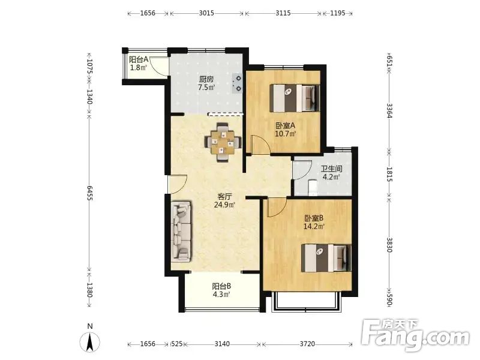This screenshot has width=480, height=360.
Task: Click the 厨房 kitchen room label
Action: (206, 79)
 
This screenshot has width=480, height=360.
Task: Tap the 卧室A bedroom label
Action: (285, 125)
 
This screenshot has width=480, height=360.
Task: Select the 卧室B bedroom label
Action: (314, 218)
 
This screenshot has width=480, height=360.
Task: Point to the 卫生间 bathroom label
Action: (332, 169)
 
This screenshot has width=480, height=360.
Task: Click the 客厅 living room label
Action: (224, 197)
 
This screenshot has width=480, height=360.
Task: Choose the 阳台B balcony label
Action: (221, 286)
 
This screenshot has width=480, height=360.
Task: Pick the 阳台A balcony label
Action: (139, 59)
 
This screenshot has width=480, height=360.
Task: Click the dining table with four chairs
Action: (223, 142)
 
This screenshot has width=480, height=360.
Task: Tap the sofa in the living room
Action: (181, 232)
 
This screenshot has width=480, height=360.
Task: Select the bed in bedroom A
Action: (295, 98)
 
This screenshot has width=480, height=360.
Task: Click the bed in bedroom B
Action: (326, 258)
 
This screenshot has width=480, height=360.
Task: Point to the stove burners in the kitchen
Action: (237, 83)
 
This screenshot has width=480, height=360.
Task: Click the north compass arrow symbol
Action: (89, 341)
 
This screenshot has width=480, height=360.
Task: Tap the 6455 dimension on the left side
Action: (89, 193)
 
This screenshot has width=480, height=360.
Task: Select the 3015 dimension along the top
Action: (206, 13)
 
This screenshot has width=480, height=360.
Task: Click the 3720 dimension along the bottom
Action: (307, 344)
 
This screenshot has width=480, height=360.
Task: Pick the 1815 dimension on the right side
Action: (389, 174)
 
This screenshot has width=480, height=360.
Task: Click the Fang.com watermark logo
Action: (415, 336)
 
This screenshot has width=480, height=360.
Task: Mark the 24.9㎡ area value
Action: (224, 205)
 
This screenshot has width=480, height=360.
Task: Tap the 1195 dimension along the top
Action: (338, 13)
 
